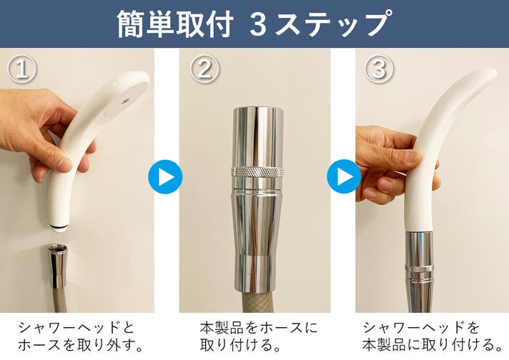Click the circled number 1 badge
[21, 69]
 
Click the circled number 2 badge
[204, 69]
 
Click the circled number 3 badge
[379, 69]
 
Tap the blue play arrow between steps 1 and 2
[165, 176]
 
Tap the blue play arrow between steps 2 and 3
[344, 176]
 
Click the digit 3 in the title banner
[258, 25]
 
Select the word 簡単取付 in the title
[175, 24]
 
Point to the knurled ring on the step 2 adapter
[257, 171]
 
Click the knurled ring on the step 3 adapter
[420, 269]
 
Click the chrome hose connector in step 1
[59, 266]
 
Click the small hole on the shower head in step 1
[125, 102]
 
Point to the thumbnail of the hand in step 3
[412, 156]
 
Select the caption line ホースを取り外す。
[81, 345]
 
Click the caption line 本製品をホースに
[258, 328]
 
